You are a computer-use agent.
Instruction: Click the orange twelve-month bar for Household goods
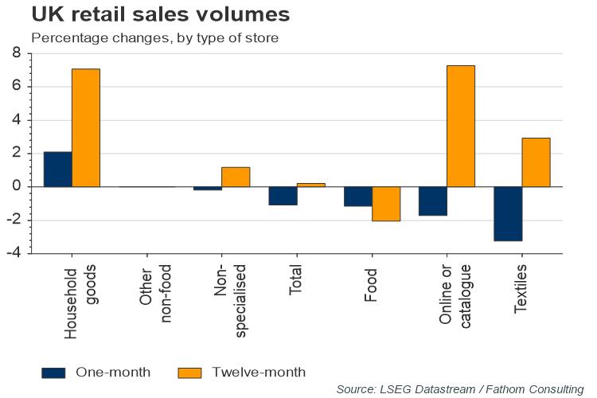(86, 127)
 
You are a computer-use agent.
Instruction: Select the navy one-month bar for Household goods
(57, 169)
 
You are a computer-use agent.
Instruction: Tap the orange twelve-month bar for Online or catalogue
(461, 126)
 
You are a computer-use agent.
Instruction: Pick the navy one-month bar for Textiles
(508, 213)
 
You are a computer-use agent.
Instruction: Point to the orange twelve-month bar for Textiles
(536, 162)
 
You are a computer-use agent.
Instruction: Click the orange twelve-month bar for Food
(386, 204)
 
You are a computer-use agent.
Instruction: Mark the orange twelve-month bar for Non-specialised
(236, 177)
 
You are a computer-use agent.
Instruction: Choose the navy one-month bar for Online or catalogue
(433, 201)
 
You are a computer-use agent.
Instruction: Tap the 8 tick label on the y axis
(16, 53)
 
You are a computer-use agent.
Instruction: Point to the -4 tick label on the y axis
(14, 253)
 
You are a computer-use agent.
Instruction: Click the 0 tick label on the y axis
(16, 186)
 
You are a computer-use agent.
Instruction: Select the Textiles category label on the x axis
(521, 292)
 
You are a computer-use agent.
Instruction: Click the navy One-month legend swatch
(53, 372)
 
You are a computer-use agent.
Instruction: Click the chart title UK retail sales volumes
(148, 15)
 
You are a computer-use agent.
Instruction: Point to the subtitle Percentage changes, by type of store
(154, 38)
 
